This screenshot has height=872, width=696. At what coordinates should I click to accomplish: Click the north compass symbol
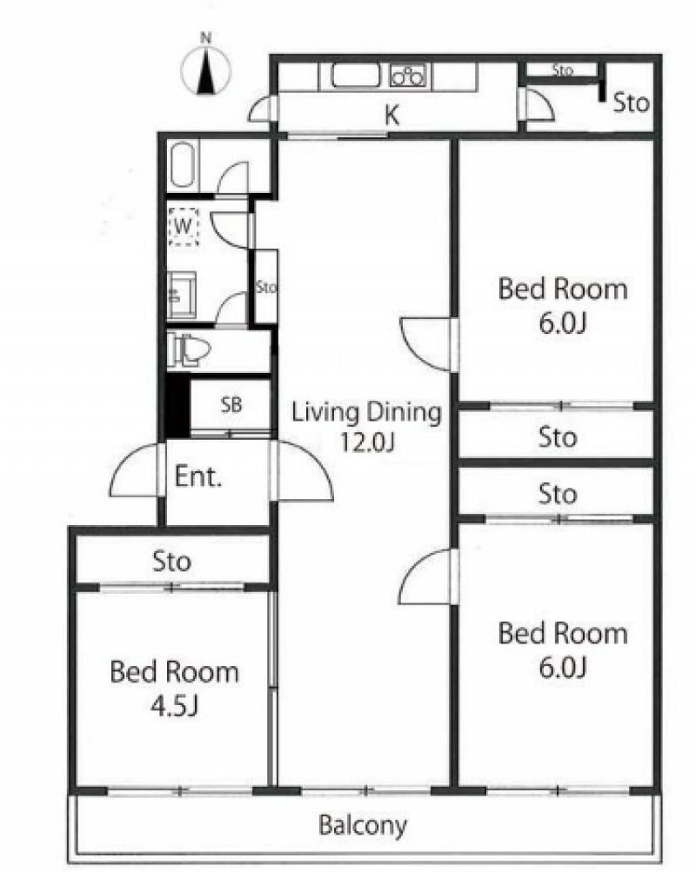point(206,70)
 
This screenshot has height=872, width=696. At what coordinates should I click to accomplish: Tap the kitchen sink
point(356,76)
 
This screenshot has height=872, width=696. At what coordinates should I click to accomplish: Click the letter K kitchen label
point(392,115)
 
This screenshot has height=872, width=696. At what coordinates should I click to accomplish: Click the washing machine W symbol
point(184,226)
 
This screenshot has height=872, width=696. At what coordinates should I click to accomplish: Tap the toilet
point(188,349)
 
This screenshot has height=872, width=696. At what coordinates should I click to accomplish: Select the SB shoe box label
point(231,404)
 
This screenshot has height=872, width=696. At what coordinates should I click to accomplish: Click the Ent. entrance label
point(198,476)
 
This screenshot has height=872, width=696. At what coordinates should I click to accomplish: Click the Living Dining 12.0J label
point(366,426)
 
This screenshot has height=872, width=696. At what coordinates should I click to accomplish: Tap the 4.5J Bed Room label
point(174,688)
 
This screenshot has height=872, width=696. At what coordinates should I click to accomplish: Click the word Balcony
point(362,825)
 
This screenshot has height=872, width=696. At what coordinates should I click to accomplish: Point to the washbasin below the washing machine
point(182,296)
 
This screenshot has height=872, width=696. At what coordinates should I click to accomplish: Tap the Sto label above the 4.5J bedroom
point(172,561)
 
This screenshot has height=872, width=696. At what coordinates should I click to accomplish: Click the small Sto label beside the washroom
point(266,287)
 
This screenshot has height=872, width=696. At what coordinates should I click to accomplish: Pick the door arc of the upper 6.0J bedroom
point(425,343)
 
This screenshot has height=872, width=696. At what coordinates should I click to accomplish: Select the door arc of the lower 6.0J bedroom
point(425,576)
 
